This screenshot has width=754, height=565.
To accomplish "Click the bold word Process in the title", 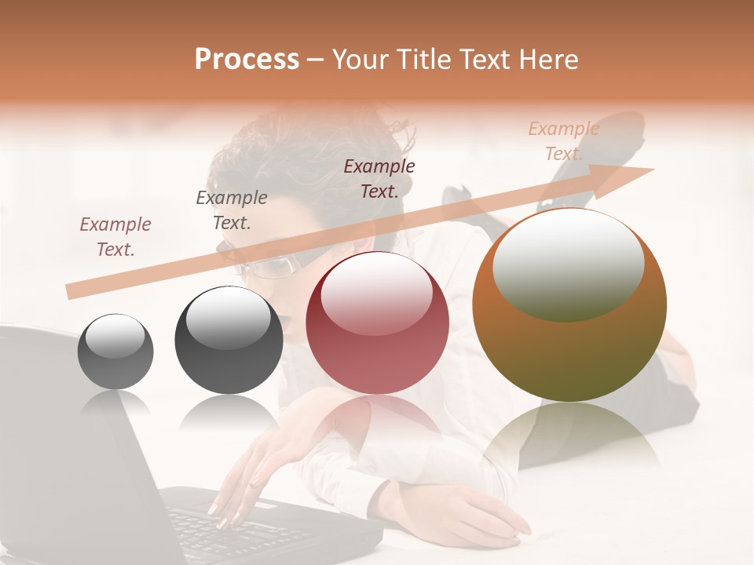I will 247,60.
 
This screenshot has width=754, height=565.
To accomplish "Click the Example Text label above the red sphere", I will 379,178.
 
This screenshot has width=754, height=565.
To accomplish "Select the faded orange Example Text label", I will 563,141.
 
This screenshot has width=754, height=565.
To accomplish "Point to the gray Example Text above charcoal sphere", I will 232,210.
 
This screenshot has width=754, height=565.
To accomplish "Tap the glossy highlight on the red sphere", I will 377,290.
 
